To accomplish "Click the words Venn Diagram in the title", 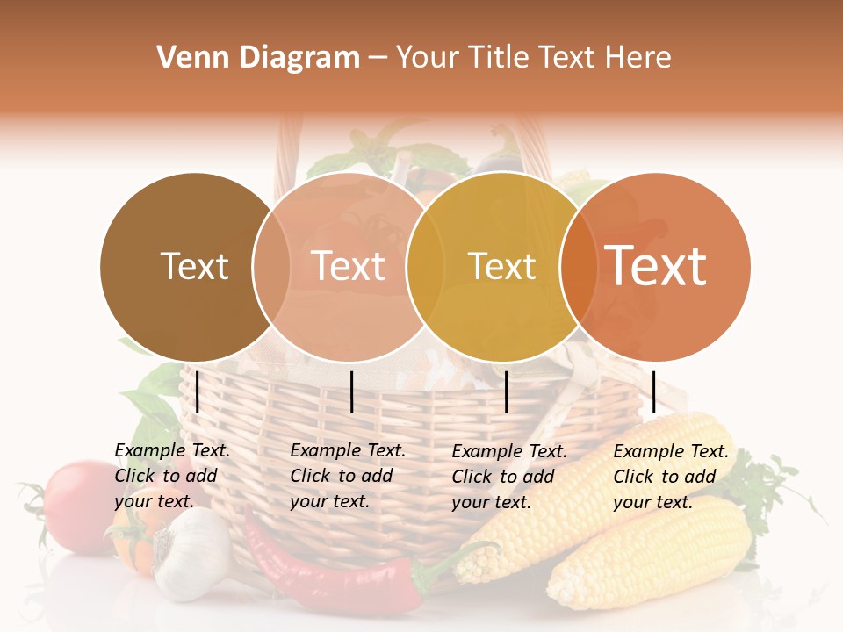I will [258, 58].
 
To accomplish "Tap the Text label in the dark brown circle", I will [194, 266].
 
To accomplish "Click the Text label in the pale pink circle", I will [349, 266].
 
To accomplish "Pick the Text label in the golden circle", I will [501, 266].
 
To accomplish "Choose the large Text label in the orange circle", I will [656, 266].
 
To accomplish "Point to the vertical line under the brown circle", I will [198, 391].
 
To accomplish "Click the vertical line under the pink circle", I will [352, 391].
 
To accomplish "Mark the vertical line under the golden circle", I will [507, 391].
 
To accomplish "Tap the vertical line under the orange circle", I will [654, 391].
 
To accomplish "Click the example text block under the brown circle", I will [171, 476].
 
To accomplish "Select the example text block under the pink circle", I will [347, 476].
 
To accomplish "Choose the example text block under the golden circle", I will [508, 477].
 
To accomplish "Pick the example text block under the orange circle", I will [670, 477].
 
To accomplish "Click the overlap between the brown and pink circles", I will [271, 266].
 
